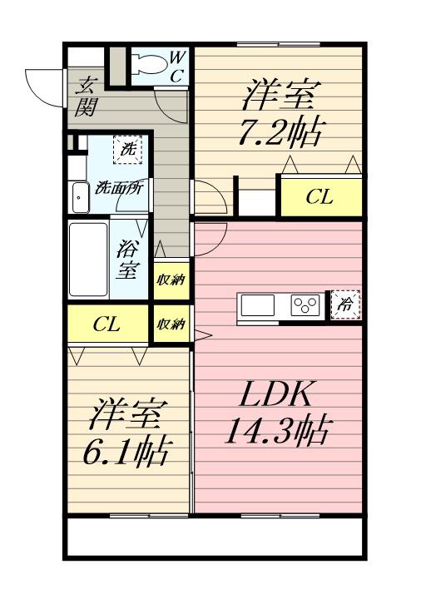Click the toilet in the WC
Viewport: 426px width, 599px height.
[149, 64]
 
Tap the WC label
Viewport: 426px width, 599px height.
[177, 67]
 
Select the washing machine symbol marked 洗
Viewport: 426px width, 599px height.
[127, 149]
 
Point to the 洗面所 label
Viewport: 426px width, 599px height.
[119, 187]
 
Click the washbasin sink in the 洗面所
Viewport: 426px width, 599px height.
[80, 197]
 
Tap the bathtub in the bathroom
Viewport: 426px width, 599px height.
[88, 260]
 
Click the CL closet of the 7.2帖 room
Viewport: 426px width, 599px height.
[321, 197]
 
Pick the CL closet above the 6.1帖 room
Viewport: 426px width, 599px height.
[108, 324]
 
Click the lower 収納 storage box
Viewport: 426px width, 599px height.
[171, 324]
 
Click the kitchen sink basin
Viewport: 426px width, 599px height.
[257, 305]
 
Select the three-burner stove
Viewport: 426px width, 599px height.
[305, 305]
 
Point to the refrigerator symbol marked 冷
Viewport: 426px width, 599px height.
[345, 304]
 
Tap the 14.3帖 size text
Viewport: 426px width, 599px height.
[278, 432]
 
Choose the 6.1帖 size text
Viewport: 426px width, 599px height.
[126, 453]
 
